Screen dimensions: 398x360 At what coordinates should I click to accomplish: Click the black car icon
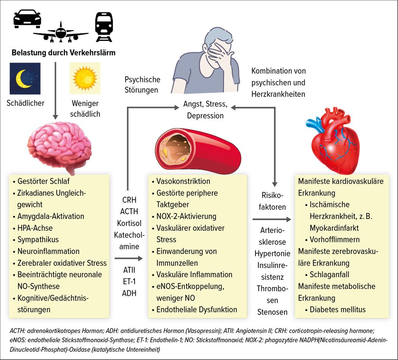point(27,19)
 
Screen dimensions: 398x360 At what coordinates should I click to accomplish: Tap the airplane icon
point(61,32)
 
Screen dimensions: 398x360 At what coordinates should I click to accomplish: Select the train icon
point(104,27)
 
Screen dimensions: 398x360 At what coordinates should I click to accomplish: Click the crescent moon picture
point(25,78)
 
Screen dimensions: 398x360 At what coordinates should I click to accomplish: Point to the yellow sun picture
point(85,78)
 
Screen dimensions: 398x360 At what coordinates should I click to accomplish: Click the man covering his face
point(206,61)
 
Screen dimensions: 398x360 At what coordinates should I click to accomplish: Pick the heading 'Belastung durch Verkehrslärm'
point(63,53)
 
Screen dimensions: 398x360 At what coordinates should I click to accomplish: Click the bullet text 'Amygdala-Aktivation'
point(51,216)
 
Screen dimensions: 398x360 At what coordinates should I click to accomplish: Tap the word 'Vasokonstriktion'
point(183,181)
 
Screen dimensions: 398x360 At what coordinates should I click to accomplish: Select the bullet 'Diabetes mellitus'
point(338,310)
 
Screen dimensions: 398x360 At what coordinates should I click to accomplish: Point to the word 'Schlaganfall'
point(330,275)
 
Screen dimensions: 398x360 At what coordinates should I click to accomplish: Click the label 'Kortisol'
point(129,223)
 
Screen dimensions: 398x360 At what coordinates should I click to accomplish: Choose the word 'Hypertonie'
point(272,254)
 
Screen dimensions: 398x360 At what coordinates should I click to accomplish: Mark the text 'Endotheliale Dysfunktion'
point(197,310)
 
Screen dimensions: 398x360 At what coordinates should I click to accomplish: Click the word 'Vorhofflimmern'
point(335,240)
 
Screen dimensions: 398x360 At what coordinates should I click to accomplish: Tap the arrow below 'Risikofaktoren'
point(272,219)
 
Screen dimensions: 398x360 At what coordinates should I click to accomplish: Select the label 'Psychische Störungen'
point(142,85)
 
